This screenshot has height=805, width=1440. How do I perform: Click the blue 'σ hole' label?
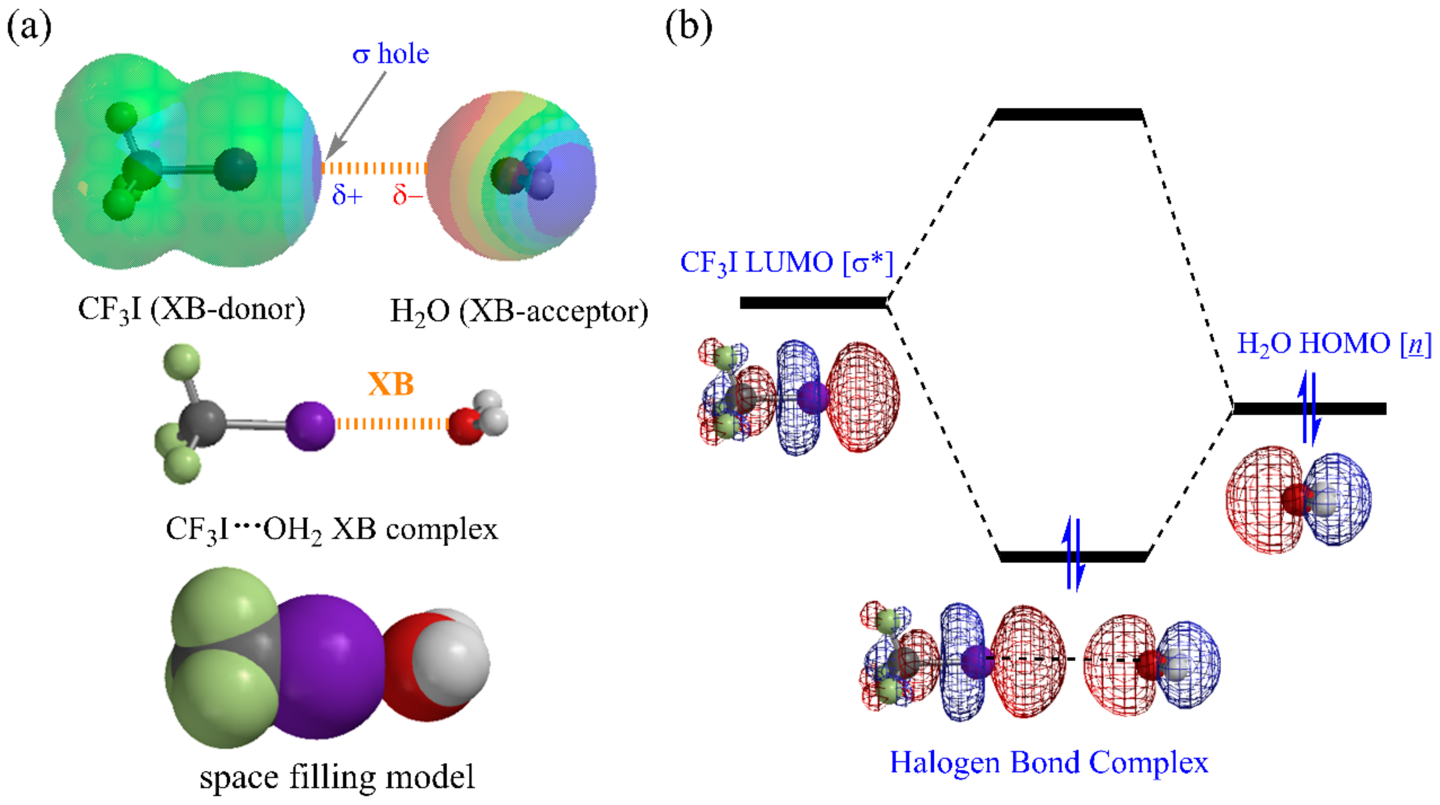(x=390, y=54)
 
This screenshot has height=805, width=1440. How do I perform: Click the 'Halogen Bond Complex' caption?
(x=1049, y=762)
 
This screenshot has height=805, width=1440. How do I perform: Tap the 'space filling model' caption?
(x=337, y=777)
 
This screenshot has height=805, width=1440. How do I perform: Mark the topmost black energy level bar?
(x=1067, y=114)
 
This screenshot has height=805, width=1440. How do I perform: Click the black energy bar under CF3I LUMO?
(x=813, y=303)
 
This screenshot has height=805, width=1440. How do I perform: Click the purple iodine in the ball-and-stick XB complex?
(x=310, y=425)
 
